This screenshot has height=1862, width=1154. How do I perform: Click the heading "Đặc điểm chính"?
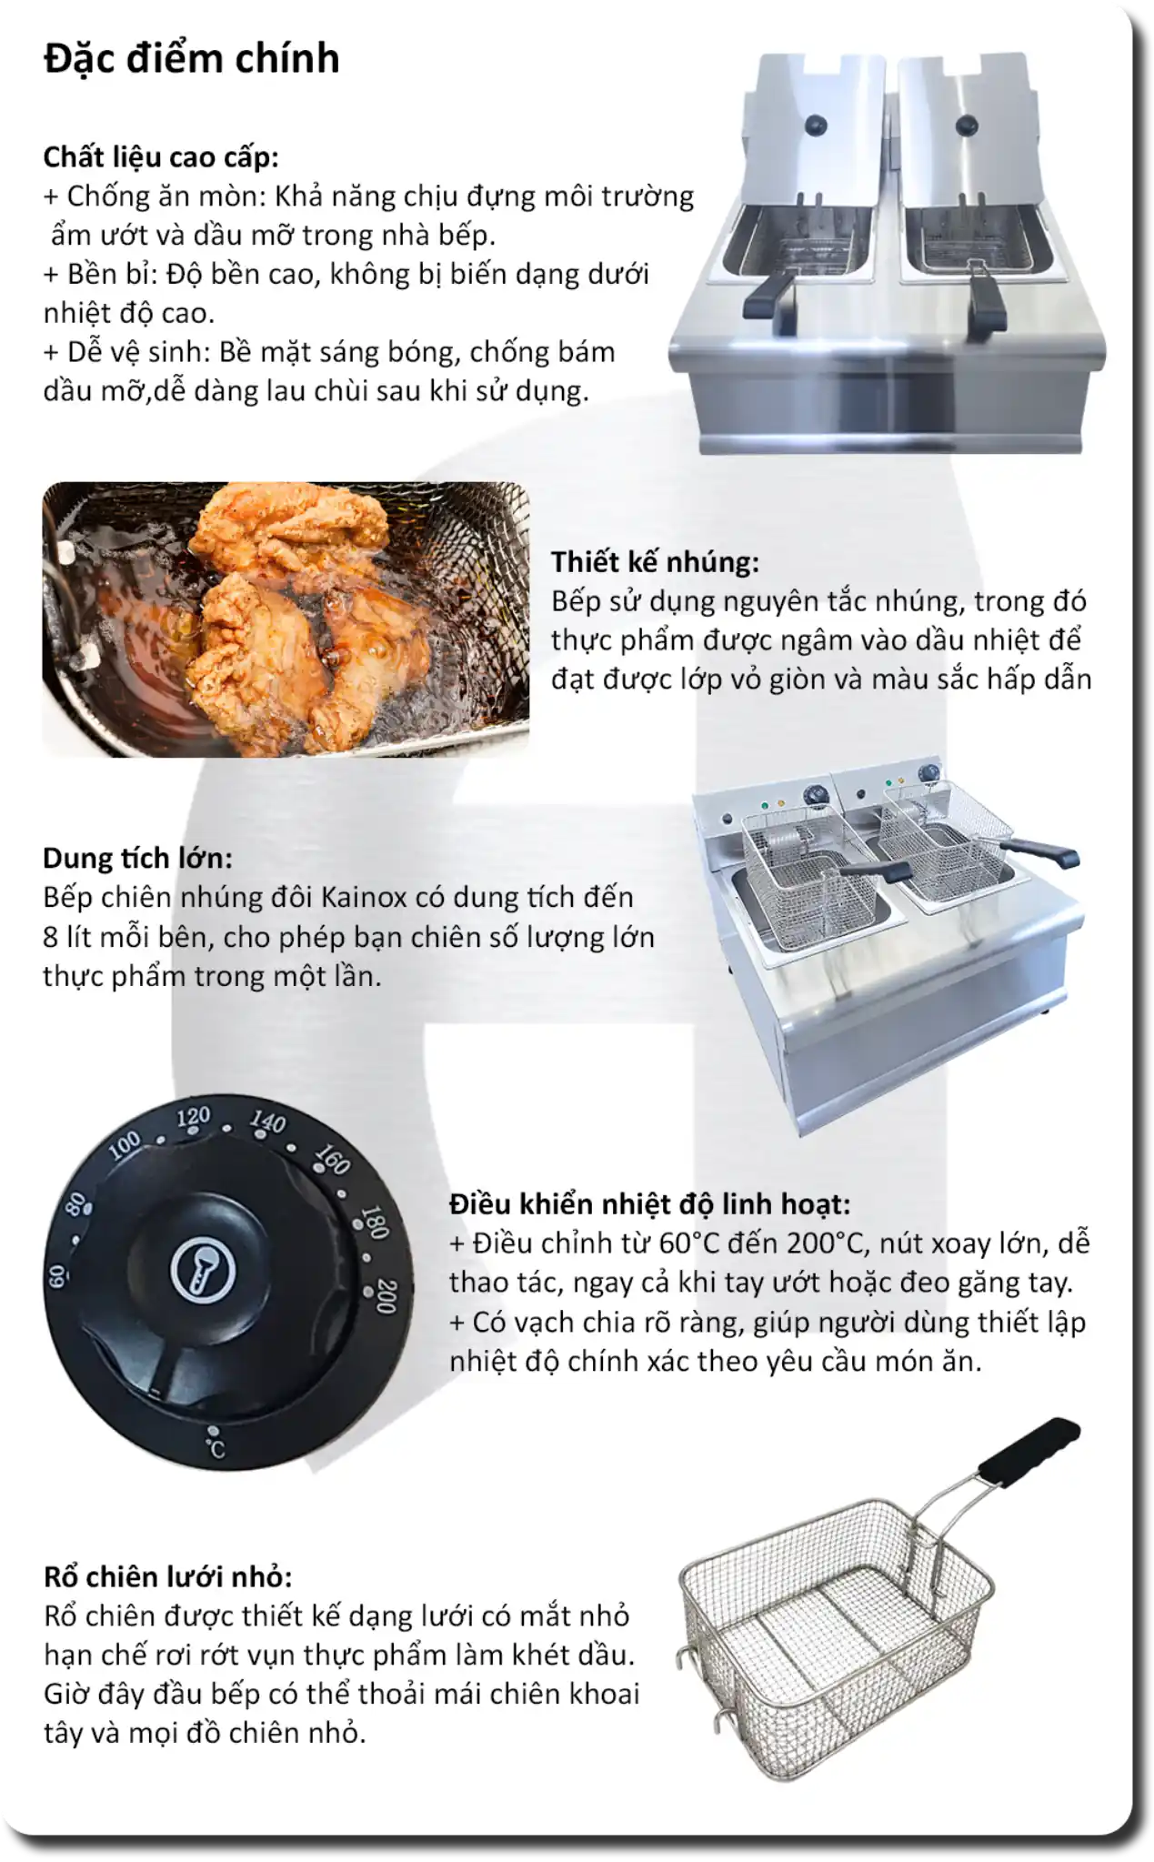point(192,58)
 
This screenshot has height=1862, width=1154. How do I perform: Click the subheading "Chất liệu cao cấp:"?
point(161,157)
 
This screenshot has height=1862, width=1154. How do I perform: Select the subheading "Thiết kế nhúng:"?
point(655,561)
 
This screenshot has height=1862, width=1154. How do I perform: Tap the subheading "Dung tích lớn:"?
point(137,858)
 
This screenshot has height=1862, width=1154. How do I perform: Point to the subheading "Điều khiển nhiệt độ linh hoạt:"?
point(649,1203)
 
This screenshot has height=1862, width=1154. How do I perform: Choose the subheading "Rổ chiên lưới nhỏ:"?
point(168,1576)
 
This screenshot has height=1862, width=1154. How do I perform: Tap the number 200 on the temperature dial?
point(386,1296)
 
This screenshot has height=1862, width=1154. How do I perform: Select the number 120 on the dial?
point(193,1117)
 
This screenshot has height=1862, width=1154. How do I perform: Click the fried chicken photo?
point(286,619)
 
